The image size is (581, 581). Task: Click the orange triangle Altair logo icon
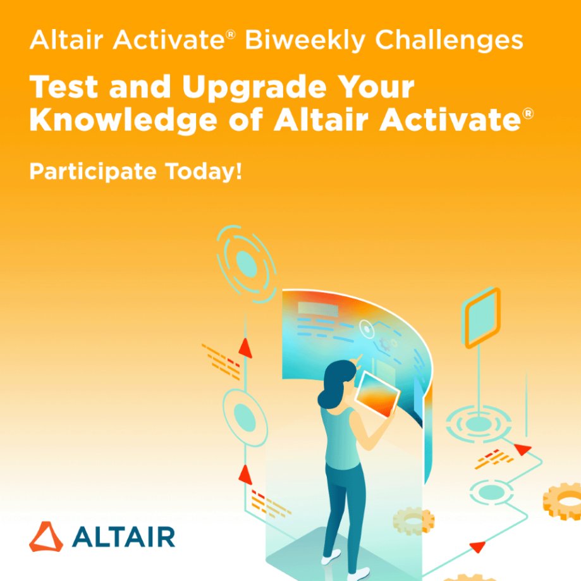(46, 537)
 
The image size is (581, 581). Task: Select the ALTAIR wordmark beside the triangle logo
(123, 537)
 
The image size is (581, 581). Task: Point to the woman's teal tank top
(340, 436)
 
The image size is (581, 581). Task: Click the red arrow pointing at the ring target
(523, 450)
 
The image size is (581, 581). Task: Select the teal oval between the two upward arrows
(244, 414)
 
